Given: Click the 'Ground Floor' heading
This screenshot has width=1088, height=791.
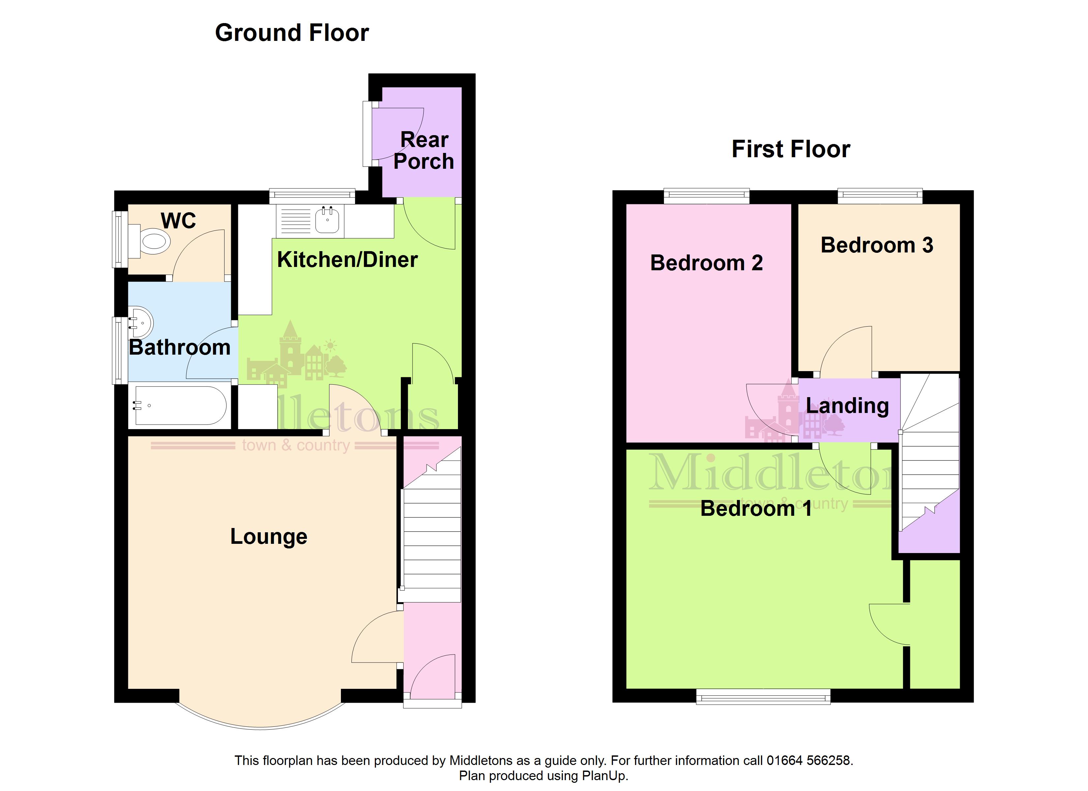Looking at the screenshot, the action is point(292,33).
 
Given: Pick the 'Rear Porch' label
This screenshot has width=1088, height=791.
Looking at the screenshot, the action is point(424,151).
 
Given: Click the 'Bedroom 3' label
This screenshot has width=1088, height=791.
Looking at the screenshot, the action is point(877,245).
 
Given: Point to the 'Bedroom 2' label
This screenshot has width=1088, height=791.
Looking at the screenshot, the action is point(706,263).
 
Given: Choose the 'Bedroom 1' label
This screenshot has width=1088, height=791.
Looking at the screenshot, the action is point(756,509).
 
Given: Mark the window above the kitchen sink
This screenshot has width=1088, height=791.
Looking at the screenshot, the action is point(312,196).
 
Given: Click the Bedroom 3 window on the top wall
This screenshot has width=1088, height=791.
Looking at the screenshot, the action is point(880,196).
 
